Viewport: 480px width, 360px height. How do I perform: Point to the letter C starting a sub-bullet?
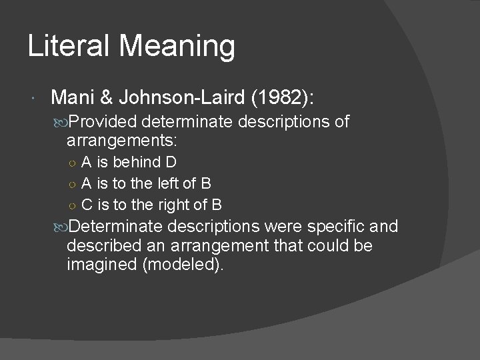point(87,204)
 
